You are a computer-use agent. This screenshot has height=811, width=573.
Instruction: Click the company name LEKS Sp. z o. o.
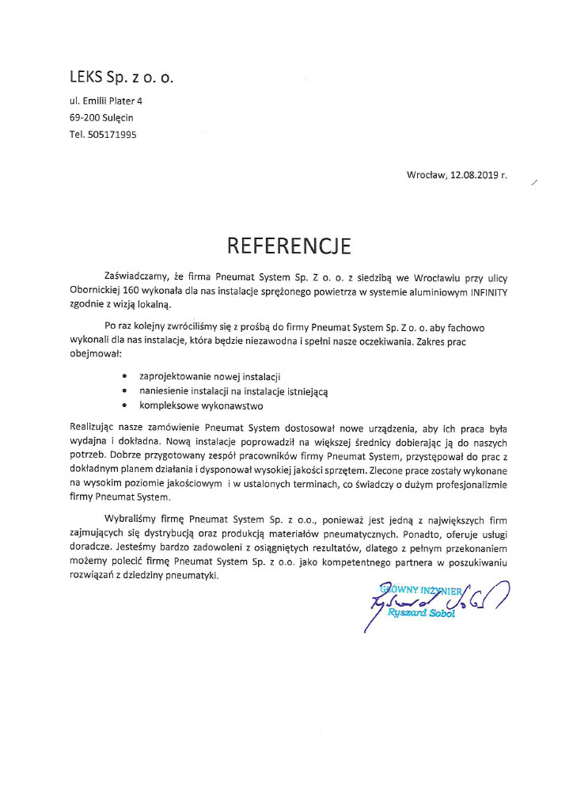tap(121, 78)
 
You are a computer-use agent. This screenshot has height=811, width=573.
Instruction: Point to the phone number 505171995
tap(112, 135)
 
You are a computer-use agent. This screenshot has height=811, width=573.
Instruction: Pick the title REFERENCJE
tap(288, 245)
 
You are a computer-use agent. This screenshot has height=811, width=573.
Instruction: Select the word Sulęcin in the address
tap(118, 118)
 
